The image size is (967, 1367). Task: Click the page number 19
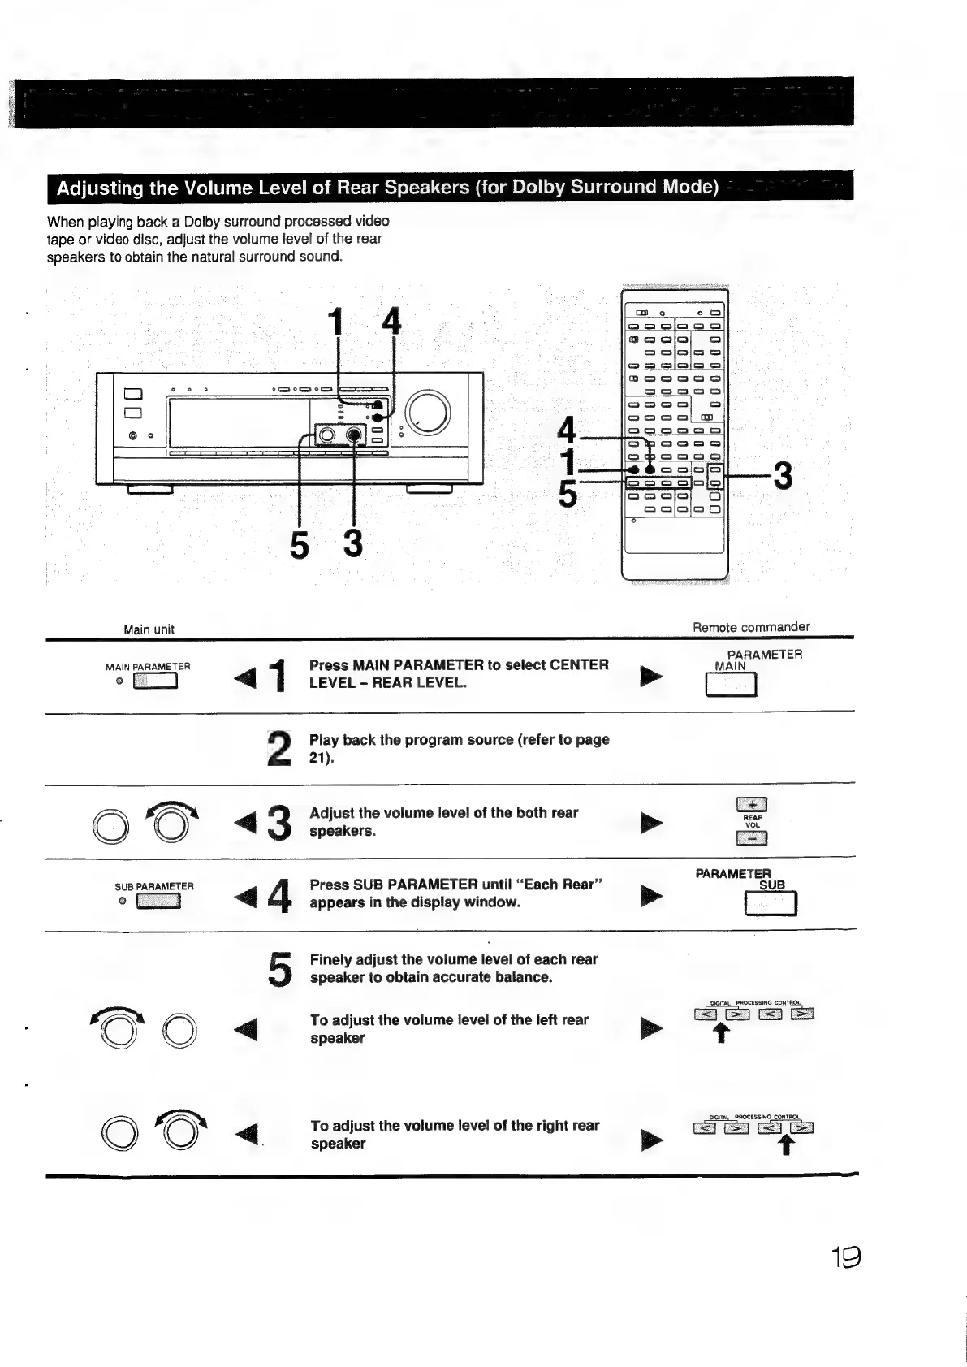coord(844,1257)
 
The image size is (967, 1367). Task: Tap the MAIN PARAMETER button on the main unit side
coord(155,681)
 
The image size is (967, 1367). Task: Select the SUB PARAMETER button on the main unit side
coord(158,902)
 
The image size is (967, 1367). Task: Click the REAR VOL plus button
coord(752,805)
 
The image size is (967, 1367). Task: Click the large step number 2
coord(279,749)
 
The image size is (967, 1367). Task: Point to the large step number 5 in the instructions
coord(280,968)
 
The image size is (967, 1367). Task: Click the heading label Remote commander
coord(751,626)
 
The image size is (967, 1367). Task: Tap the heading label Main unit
coord(149,629)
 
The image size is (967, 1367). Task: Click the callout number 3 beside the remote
coord(783,475)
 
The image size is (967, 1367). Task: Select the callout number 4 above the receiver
coord(391,322)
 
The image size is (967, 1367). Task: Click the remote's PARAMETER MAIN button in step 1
coord(731,686)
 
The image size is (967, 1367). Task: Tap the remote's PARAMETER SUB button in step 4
coord(771,903)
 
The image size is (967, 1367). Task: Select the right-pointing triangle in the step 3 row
coord(651,823)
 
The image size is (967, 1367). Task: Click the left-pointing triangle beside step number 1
coord(244,676)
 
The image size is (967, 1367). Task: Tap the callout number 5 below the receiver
coord(300,544)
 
